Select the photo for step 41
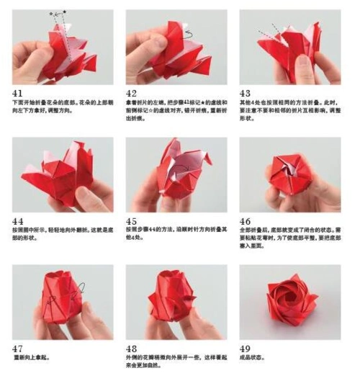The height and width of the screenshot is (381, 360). click(63, 47)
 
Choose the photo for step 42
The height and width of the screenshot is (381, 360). click(176, 47)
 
